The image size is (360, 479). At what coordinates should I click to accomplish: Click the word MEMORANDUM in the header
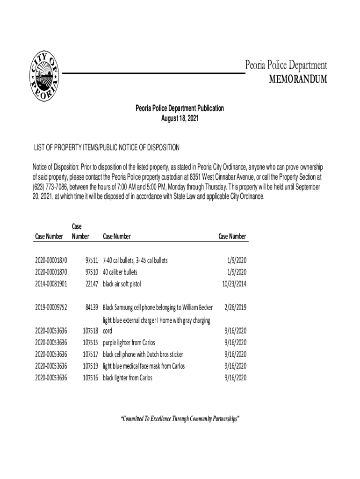click(298, 80)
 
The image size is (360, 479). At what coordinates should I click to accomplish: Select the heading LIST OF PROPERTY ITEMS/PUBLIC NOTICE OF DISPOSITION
click(106, 148)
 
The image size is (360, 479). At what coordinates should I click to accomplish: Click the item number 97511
click(89, 260)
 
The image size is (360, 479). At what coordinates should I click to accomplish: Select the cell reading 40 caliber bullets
click(120, 272)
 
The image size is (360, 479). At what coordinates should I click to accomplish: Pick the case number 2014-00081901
click(51, 283)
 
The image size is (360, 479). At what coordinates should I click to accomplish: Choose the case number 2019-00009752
click(51, 307)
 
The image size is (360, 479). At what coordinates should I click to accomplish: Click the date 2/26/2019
click(235, 307)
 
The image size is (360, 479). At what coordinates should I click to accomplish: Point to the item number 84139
click(89, 307)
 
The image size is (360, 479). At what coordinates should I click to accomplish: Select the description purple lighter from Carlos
click(129, 342)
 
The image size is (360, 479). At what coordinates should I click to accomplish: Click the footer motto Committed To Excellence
click(180, 418)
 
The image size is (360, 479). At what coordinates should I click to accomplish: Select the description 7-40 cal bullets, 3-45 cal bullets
click(135, 260)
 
